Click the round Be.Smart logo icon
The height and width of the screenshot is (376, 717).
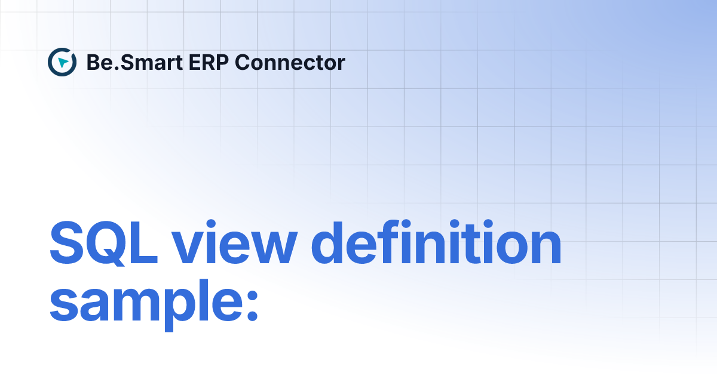[62, 62]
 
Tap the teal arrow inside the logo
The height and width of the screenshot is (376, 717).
[63, 62]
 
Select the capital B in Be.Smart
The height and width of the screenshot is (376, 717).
[93, 62]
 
